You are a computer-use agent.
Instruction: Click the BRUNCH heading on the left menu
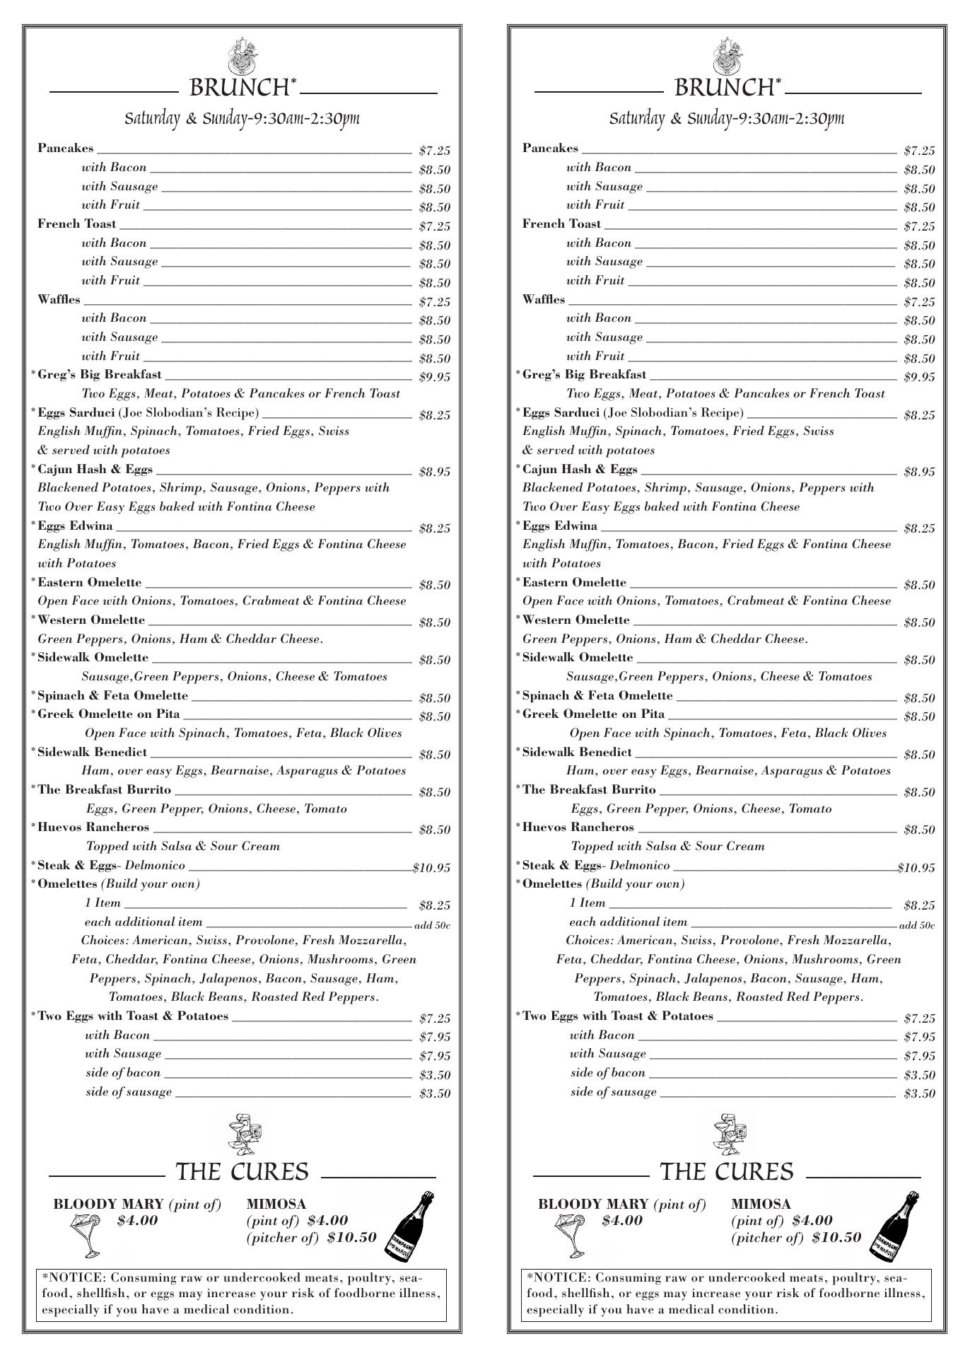click(238, 88)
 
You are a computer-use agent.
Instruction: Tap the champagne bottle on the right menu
click(894, 1226)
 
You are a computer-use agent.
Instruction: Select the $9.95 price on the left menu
click(434, 377)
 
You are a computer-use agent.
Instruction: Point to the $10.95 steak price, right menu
click(916, 868)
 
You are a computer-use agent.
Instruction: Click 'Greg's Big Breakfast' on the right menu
click(584, 375)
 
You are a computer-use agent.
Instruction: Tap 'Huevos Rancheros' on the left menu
click(93, 828)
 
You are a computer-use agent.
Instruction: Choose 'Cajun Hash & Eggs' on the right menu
click(580, 470)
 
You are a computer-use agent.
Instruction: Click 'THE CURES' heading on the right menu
click(726, 1172)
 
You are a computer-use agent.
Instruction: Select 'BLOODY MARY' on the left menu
click(109, 1205)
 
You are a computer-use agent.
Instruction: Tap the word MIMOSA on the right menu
click(761, 1205)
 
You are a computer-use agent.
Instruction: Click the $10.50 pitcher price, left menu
click(351, 1238)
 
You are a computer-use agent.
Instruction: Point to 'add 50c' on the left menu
click(432, 925)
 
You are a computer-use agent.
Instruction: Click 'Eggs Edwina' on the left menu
click(75, 526)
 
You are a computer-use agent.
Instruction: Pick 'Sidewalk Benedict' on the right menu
click(577, 753)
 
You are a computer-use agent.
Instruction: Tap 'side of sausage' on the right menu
click(613, 1092)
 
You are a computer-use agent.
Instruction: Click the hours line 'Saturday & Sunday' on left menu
click(242, 118)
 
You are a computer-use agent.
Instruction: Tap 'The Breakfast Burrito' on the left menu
click(104, 790)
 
